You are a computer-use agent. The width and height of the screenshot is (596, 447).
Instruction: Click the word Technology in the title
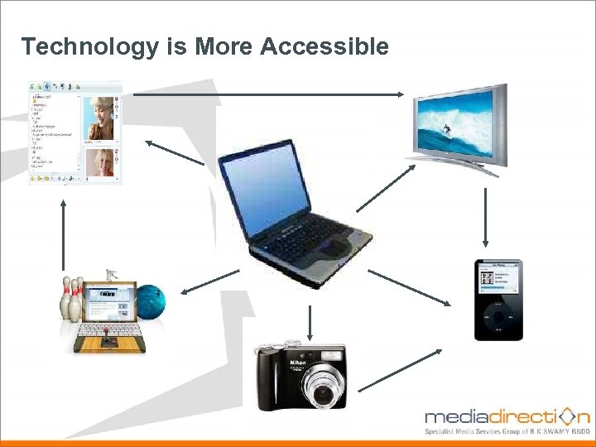point(89,46)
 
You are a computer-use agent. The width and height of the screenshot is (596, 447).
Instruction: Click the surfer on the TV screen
point(446,130)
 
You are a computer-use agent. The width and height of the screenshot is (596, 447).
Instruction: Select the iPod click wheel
point(497,318)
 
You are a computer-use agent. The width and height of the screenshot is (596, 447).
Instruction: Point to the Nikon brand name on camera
point(298,363)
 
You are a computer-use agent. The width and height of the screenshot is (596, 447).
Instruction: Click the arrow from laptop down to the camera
point(310,320)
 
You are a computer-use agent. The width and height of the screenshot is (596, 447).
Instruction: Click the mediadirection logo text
point(505,416)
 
